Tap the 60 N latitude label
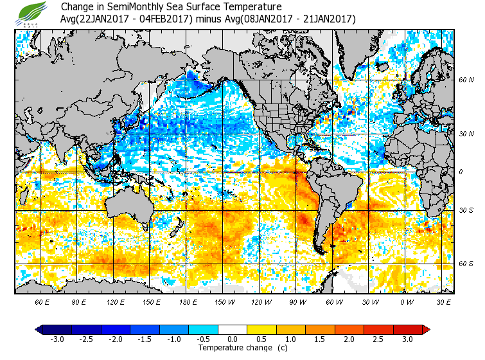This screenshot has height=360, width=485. (x=466, y=80)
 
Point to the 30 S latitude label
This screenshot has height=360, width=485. (x=466, y=211)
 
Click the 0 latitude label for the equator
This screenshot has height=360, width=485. (x=461, y=172)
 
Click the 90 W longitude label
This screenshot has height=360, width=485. (x=298, y=301)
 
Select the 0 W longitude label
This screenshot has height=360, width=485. (x=406, y=301)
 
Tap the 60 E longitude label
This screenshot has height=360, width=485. (x=42, y=301)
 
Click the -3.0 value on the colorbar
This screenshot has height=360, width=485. (x=57, y=339)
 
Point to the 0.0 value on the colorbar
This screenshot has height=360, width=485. (x=233, y=339)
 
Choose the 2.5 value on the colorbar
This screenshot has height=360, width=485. (x=378, y=339)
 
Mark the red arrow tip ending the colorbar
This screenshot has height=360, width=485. (x=426, y=329)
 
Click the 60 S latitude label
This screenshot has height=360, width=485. (x=466, y=264)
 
